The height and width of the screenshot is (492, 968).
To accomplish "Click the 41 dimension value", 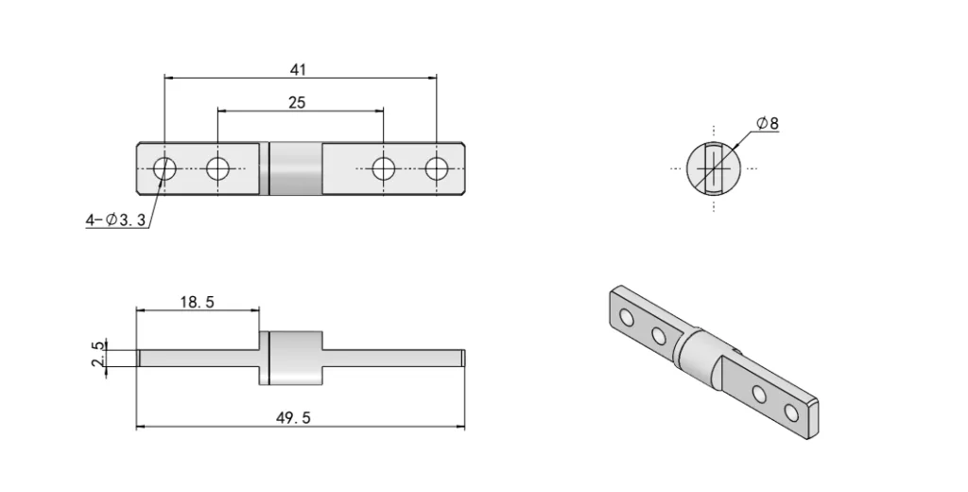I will pyautogui.click(x=299, y=69).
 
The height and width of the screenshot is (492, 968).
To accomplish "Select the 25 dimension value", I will pyautogui.click(x=297, y=102).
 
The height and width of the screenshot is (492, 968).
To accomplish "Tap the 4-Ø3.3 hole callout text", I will pyautogui.click(x=114, y=220).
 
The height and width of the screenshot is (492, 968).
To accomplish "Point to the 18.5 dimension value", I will pyautogui.click(x=197, y=302).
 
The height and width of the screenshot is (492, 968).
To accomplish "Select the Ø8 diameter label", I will pyautogui.click(x=768, y=123).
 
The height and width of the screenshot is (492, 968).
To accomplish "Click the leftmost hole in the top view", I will pyautogui.click(x=164, y=169).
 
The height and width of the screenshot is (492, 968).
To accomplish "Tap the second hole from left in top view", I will pyautogui.click(x=218, y=169).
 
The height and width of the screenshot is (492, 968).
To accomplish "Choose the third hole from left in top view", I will pyautogui.click(x=383, y=169).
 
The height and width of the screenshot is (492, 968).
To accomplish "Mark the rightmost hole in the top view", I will pyautogui.click(x=436, y=169).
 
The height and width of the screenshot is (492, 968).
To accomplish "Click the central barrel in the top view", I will pyautogui.click(x=295, y=169).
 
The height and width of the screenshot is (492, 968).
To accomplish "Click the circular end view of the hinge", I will pyautogui.click(x=715, y=168).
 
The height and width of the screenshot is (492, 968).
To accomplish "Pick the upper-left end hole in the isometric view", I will pyautogui.click(x=626, y=318).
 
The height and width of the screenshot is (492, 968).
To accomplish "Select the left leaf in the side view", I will pyautogui.click(x=197, y=358).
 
